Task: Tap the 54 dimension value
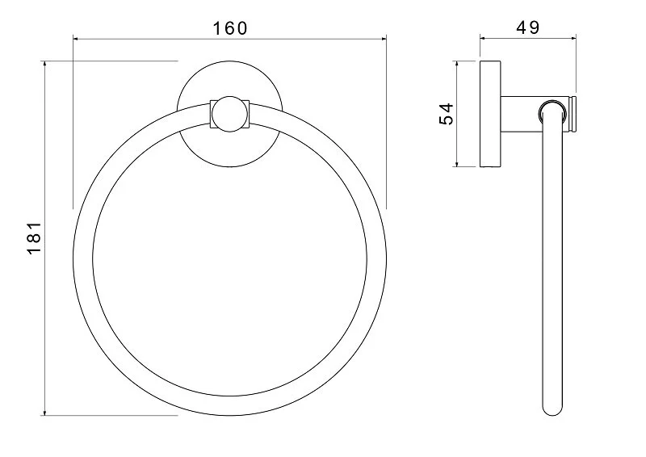point(445,113)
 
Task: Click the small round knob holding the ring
point(229,114)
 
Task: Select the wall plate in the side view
point(489,113)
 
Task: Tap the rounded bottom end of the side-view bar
point(552,407)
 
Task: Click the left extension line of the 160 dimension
point(73,121)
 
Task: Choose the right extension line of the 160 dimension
point(385,121)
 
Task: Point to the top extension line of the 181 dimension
point(113,61)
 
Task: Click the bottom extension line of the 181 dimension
point(113,416)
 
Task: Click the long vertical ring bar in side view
point(552,266)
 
